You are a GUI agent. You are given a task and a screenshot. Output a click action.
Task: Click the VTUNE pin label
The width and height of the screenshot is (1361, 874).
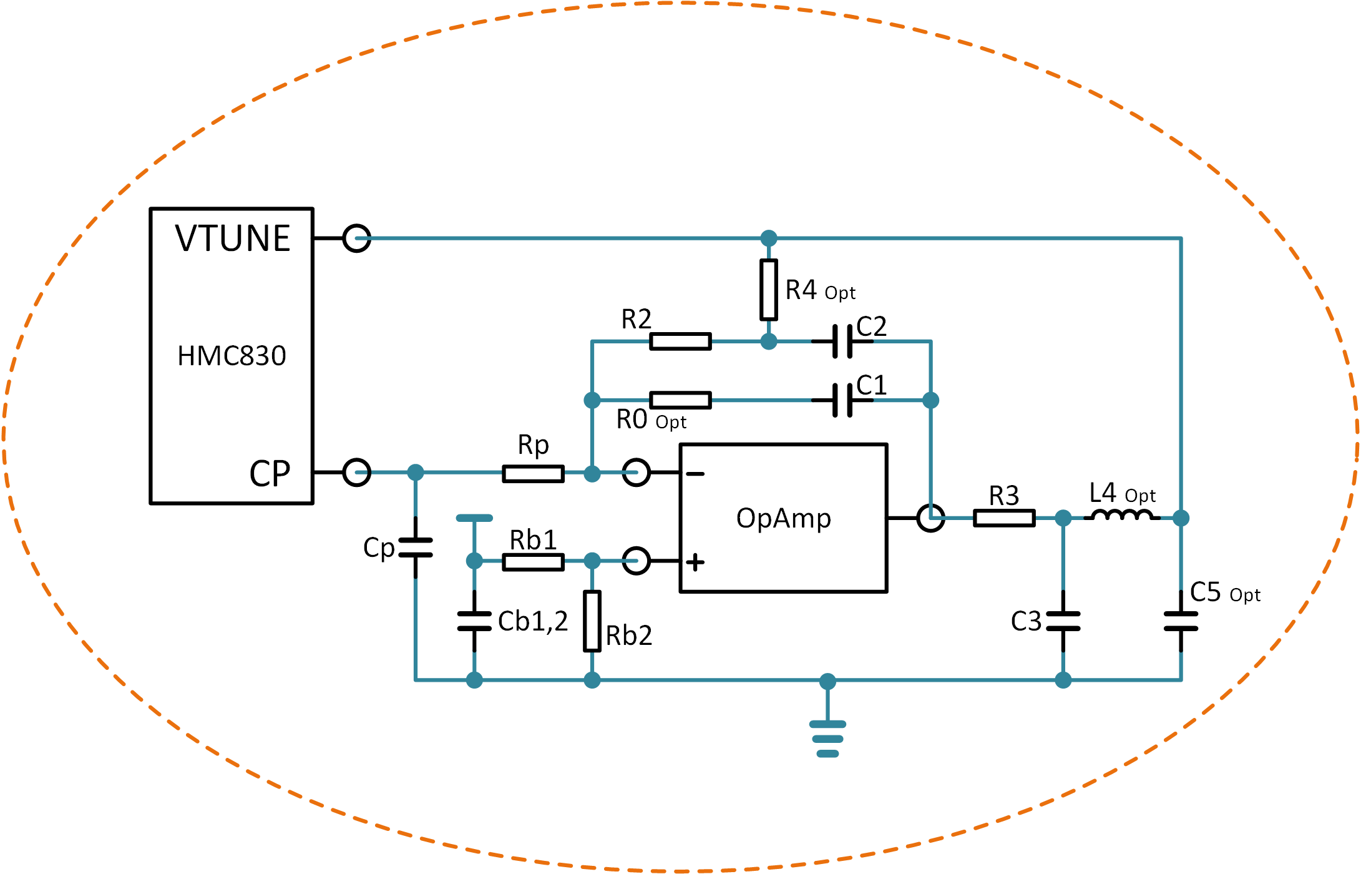click(x=232, y=238)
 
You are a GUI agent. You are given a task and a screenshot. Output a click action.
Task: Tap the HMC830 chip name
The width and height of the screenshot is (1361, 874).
click(x=232, y=356)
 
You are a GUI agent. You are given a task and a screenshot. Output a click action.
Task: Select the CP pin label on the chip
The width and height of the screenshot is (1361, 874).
click(x=270, y=474)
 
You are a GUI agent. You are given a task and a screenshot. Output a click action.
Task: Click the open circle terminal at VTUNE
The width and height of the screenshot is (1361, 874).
click(x=357, y=238)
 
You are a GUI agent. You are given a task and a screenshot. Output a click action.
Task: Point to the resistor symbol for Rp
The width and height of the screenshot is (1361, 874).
click(x=533, y=474)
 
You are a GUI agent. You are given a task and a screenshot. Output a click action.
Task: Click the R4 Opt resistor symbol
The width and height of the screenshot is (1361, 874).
click(x=769, y=290)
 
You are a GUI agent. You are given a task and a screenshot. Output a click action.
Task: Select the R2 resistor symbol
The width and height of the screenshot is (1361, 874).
click(x=680, y=341)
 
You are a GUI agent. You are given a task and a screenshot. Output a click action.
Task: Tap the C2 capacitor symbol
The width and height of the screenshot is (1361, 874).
click(x=842, y=341)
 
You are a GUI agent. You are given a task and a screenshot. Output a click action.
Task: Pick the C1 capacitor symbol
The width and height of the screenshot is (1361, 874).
click(x=842, y=400)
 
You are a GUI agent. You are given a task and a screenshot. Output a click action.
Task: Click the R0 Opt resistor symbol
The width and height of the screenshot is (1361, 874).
click(x=680, y=400)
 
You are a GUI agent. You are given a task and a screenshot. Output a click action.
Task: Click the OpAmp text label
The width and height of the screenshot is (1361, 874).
click(x=784, y=518)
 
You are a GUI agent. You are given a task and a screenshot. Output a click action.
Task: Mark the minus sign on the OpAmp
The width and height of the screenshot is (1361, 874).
click(x=695, y=474)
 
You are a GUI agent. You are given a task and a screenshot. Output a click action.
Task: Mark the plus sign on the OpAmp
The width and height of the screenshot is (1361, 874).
click(x=695, y=562)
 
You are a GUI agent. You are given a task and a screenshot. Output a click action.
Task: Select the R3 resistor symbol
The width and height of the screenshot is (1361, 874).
click(x=1004, y=518)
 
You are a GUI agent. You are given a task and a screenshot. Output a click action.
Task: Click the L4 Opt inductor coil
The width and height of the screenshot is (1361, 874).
click(x=1122, y=516)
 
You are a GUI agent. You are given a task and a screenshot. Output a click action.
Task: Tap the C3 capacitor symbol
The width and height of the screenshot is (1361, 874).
click(x=1063, y=621)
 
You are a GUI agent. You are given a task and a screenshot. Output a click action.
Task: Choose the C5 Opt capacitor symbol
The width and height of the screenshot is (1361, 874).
click(x=1181, y=621)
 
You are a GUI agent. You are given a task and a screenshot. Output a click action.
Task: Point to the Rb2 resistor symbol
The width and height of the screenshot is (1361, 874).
click(x=592, y=621)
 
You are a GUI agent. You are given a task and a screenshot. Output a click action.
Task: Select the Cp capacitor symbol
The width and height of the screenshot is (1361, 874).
click(x=416, y=547)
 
